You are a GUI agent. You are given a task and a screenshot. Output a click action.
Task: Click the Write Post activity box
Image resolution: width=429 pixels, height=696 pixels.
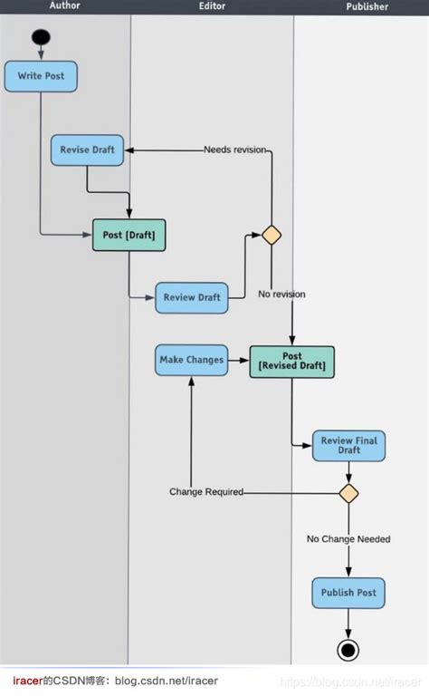tap(41, 76)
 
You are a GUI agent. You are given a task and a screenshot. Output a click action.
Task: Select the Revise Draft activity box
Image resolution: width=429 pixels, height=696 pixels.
tap(87, 150)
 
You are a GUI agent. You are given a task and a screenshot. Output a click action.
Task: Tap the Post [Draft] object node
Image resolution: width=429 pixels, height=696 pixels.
tap(129, 236)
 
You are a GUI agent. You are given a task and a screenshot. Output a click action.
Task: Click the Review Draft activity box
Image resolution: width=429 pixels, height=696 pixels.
tap(191, 297)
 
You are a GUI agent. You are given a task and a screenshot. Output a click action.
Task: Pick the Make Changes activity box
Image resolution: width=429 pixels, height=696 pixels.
tap(191, 360)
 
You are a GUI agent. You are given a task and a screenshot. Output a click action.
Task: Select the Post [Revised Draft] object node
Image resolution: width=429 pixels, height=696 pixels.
tap(291, 361)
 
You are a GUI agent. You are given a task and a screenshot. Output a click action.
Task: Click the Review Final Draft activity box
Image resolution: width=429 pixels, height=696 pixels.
tap(348, 445)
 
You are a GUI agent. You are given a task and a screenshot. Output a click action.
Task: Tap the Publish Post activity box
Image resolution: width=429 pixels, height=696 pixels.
tap(348, 593)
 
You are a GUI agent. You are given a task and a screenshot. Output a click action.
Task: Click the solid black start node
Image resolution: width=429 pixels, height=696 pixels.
tap(41, 38)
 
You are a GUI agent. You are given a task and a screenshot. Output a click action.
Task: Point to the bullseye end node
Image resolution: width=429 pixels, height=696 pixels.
tap(348, 649)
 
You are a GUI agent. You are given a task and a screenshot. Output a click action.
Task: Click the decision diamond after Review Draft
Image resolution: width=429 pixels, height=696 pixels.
tap(272, 236)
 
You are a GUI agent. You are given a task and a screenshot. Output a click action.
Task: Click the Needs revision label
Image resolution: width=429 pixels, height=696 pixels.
tap(234, 150)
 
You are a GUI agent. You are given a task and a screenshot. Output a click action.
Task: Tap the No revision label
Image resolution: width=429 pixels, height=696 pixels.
tap(281, 294)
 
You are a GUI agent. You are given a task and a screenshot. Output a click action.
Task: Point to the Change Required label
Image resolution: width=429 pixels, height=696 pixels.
tap(206, 492)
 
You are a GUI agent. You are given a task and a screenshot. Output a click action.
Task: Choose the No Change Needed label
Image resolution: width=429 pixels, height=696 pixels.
tap(348, 539)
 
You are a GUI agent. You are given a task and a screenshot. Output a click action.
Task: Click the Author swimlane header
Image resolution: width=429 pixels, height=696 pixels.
tap(64, 5)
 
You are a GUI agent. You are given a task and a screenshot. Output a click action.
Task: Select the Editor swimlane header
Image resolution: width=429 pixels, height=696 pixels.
tap(212, 6)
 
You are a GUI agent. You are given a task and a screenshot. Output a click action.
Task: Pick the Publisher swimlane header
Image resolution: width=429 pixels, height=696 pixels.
tap(367, 6)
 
